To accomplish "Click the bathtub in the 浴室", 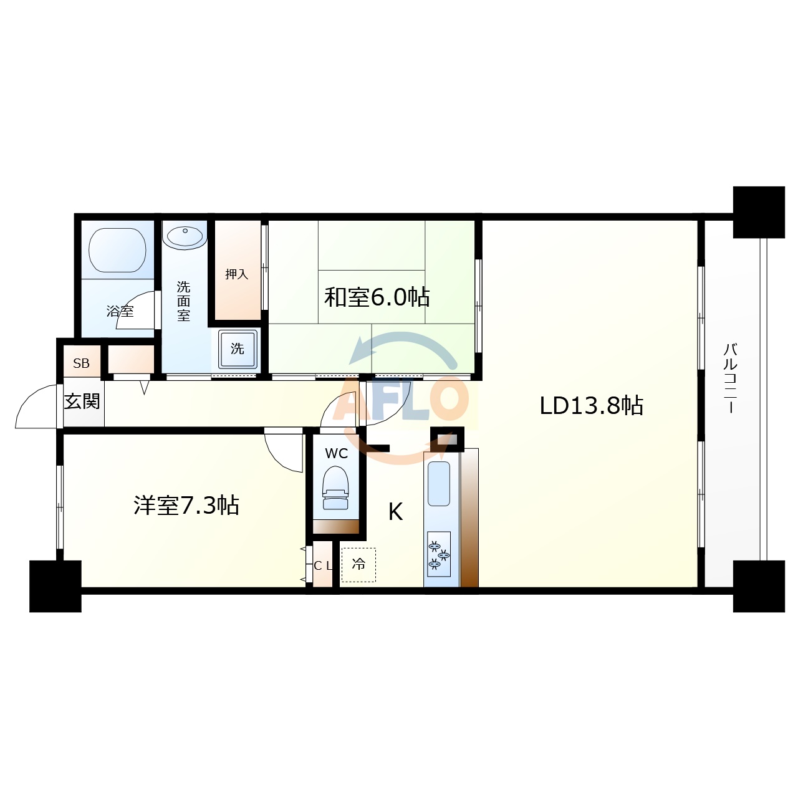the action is click(117, 250).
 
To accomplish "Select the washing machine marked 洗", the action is click(238, 349).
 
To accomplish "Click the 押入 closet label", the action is click(236, 274).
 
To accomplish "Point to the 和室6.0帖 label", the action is click(377, 297).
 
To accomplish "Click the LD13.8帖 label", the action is click(591, 405).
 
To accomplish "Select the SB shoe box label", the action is click(81, 363).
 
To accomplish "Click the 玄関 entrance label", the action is click(82, 401).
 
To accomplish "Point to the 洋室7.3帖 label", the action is click(186, 505).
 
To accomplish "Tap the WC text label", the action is click(336, 453).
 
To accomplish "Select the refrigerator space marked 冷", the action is click(358, 565).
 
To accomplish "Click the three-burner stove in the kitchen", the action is click(438, 554).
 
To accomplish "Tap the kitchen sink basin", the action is click(438, 484).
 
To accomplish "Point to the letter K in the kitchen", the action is click(395, 512).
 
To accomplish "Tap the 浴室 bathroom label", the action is click(120, 311).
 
